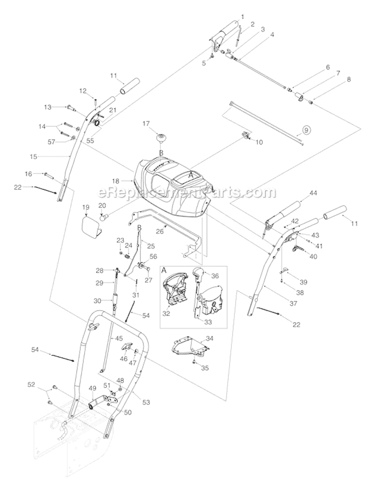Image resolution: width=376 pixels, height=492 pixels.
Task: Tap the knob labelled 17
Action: click(161, 138)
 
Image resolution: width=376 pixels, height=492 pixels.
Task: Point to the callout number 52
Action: click(31, 384)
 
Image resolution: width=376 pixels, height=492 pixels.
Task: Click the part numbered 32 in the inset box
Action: click(172, 296)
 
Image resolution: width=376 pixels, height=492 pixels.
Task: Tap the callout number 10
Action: click(259, 142)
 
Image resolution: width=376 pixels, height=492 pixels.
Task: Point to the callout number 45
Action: click(119, 338)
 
